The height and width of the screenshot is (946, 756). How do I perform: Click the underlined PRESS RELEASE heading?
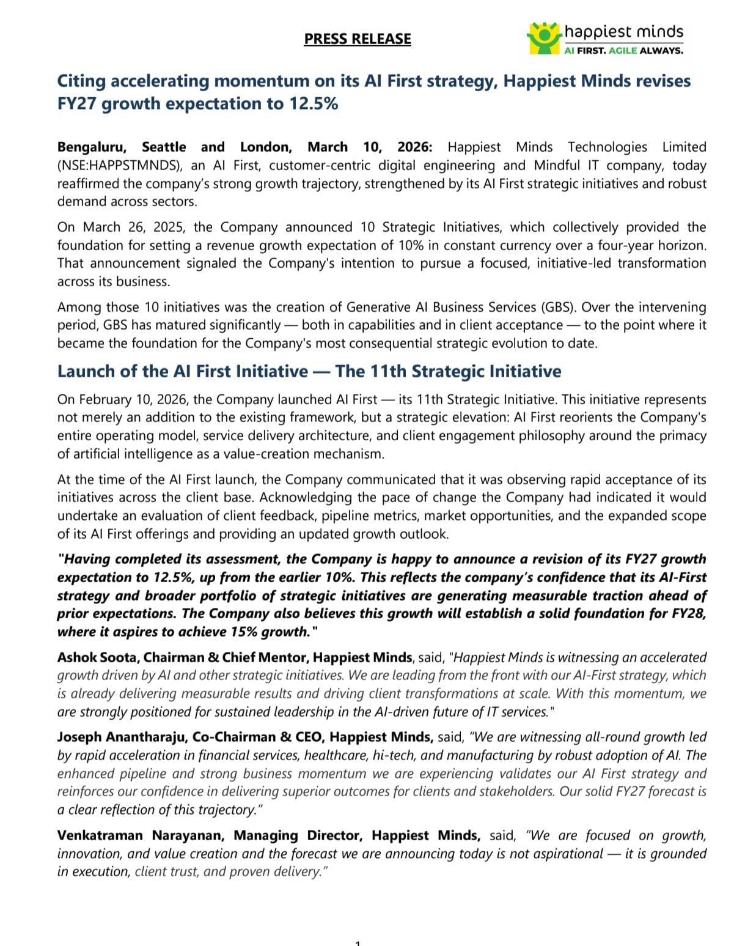[358, 39]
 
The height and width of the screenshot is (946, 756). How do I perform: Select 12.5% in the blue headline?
[314, 103]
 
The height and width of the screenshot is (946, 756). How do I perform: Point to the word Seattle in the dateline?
[164, 147]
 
